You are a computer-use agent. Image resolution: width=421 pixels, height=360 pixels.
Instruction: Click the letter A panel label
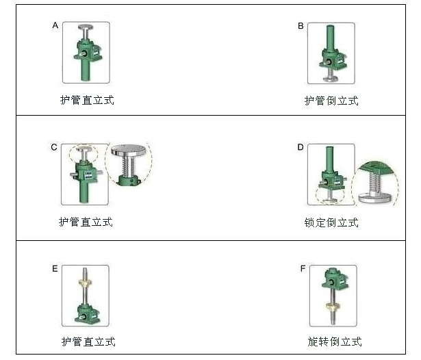55,25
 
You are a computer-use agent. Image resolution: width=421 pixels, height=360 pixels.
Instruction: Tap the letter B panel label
301,26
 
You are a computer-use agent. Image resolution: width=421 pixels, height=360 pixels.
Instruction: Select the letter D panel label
301,147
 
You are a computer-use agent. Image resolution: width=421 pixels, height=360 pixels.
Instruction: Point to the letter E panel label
55,269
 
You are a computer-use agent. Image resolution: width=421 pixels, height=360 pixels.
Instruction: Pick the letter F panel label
303,268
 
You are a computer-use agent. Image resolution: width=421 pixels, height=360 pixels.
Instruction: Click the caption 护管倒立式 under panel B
331,101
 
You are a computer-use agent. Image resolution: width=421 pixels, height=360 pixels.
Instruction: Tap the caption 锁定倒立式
331,222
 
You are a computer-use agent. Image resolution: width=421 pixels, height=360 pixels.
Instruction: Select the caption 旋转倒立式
335,342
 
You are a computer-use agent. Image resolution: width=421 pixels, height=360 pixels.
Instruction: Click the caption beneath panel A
87,100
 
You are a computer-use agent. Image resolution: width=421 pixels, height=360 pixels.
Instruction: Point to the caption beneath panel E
88,342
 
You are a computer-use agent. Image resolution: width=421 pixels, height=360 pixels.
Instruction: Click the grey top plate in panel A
86,27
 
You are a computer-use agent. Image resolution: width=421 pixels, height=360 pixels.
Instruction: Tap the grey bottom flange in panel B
331,79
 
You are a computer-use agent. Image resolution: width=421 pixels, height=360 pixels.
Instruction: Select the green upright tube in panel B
330,38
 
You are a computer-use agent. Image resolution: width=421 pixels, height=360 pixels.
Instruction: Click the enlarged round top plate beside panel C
129,150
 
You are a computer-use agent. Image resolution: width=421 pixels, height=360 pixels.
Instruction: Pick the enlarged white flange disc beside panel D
375,197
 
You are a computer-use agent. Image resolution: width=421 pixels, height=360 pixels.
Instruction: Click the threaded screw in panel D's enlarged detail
374,182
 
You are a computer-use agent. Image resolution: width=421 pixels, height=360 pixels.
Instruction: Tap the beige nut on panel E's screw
85,282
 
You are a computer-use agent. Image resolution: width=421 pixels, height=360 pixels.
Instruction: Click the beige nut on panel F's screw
333,305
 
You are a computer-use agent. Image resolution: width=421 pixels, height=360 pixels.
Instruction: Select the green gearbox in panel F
335,279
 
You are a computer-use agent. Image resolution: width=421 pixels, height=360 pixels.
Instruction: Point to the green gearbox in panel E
86,313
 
